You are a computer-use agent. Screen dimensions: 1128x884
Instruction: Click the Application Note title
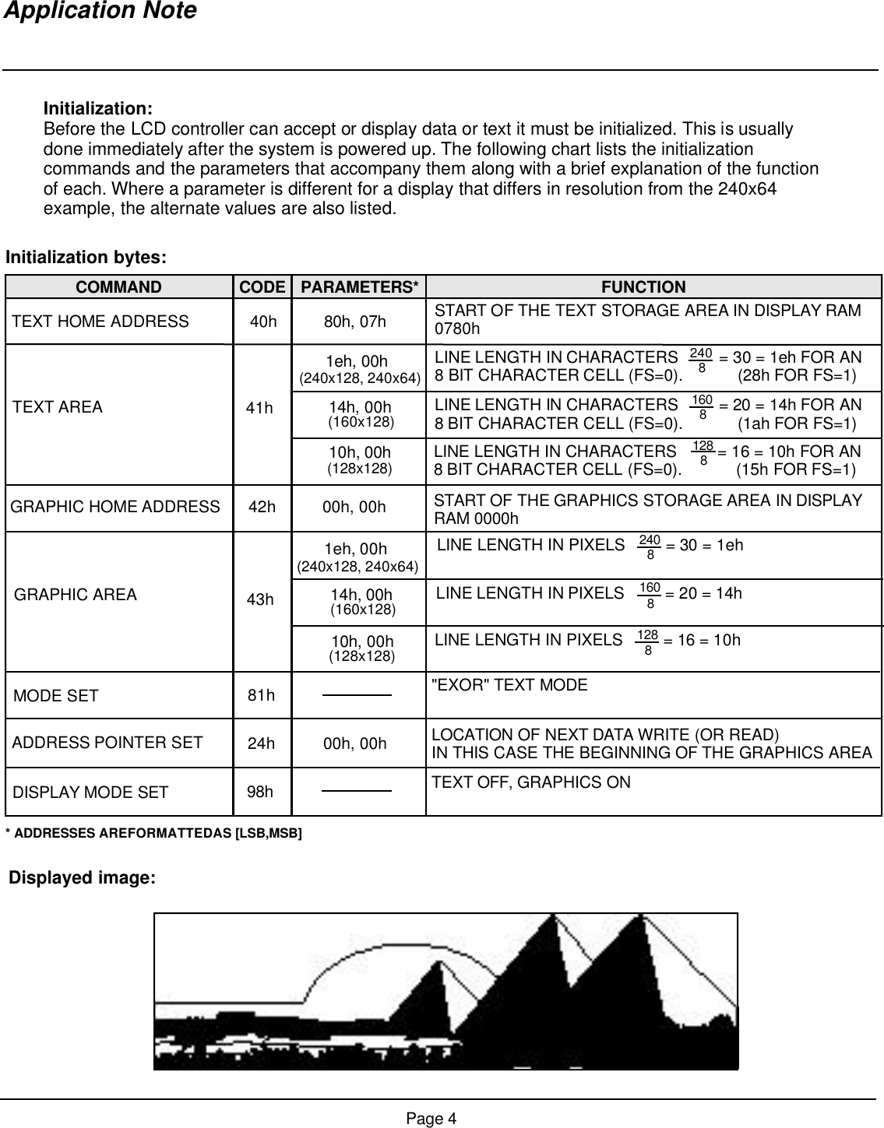pyautogui.click(x=100, y=12)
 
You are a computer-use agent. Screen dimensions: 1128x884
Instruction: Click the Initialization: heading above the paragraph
pyautogui.click(x=97, y=107)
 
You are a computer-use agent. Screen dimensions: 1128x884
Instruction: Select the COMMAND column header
pyautogui.click(x=118, y=287)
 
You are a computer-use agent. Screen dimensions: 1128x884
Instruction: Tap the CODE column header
pyautogui.click(x=262, y=287)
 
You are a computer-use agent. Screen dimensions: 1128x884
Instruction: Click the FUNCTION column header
pyautogui.click(x=643, y=287)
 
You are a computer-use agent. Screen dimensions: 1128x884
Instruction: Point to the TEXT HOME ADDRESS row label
pyautogui.click(x=100, y=322)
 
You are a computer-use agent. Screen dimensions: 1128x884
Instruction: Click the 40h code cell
pyautogui.click(x=263, y=322)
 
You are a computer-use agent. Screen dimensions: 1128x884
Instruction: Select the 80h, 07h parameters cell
pyautogui.click(x=359, y=322)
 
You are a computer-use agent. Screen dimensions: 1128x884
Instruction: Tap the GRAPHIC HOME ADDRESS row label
pyautogui.click(x=115, y=508)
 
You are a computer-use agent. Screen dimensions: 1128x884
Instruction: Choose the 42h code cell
pyautogui.click(x=262, y=508)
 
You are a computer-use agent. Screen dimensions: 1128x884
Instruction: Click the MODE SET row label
pyautogui.click(x=56, y=696)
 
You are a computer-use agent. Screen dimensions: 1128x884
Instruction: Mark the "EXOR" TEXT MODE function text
pyautogui.click(x=509, y=685)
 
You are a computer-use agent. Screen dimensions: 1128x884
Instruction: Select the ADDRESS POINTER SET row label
pyautogui.click(x=107, y=743)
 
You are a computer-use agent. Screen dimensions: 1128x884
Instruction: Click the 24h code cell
pyautogui.click(x=261, y=743)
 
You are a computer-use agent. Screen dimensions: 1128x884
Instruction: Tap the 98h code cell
pyautogui.click(x=260, y=792)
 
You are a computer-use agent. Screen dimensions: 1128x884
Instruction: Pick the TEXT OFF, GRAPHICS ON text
pyautogui.click(x=531, y=782)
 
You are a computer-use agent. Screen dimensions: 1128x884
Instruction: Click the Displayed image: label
pyautogui.click(x=83, y=878)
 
